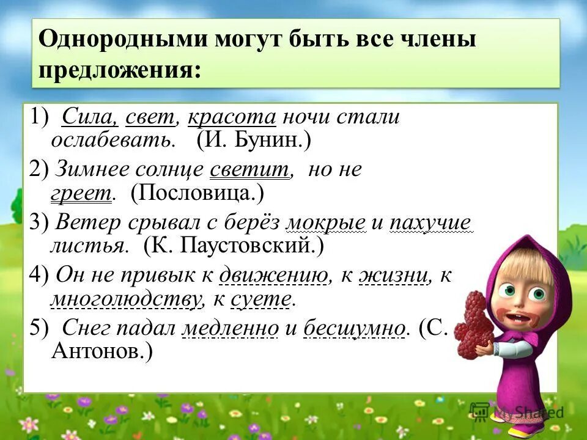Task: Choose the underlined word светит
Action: (x=249, y=169)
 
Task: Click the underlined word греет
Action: (x=81, y=194)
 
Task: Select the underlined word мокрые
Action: (x=325, y=222)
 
